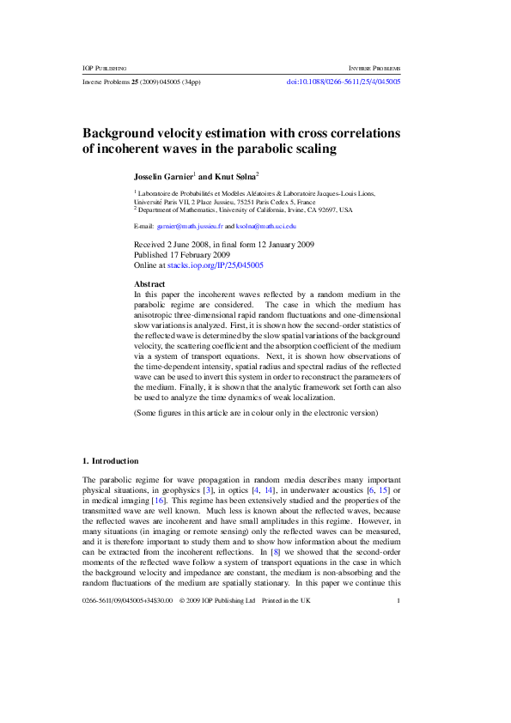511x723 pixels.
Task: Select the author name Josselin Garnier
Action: pyautogui.click(x=163, y=174)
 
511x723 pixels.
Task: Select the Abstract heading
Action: pyautogui.click(x=150, y=283)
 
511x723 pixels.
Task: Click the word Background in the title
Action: pyautogui.click(x=124, y=134)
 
